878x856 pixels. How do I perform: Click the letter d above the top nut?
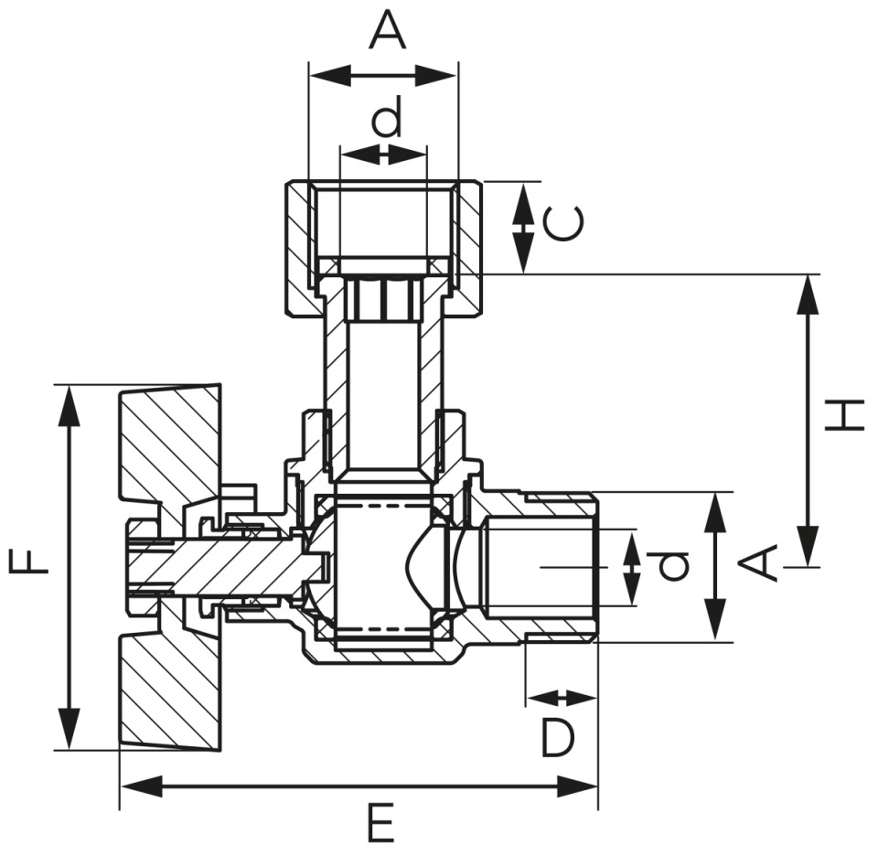(388, 116)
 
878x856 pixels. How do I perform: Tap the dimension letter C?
(564, 224)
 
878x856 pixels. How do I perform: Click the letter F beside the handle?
(29, 562)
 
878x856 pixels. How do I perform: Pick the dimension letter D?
(558, 738)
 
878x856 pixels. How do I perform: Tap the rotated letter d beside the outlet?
(671, 566)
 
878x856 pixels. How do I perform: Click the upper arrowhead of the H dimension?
(808, 294)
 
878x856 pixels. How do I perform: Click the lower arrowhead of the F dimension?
(69, 730)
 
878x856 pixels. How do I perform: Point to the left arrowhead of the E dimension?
(141, 786)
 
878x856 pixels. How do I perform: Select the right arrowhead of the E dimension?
(577, 786)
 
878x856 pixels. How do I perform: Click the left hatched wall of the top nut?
(300, 246)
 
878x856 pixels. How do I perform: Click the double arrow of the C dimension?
(523, 228)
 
